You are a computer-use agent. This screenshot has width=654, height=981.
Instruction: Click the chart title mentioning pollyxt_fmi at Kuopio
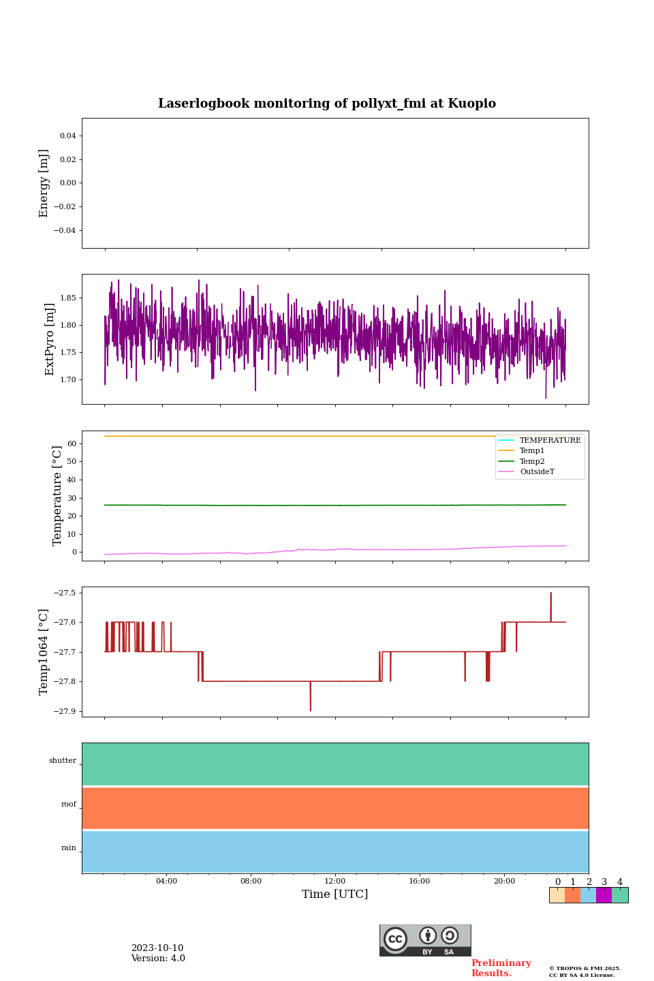327,104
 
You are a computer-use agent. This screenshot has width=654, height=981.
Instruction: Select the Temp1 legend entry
532,451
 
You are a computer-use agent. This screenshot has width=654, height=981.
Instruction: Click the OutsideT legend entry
537,472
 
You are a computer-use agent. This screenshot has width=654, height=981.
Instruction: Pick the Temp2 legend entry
532,462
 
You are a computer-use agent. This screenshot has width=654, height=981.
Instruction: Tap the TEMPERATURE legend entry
550,441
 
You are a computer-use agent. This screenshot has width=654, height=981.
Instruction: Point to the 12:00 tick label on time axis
335,882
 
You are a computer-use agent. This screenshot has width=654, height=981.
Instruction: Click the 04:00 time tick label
166,882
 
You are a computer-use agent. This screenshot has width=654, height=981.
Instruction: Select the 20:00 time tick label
504,882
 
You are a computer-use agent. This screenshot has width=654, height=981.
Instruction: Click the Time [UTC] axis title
335,894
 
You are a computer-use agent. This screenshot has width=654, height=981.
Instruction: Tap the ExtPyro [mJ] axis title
50,339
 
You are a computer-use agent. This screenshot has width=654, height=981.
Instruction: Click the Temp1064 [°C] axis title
44,652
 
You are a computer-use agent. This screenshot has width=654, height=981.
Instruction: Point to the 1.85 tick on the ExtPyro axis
67,298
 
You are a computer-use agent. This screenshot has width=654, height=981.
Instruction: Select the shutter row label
63,761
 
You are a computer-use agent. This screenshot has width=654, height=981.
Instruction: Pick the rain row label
69,848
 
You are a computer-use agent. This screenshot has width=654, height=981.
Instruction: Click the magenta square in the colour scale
604,895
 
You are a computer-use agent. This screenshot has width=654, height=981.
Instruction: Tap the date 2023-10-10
157,948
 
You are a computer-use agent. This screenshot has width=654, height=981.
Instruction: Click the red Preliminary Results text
501,968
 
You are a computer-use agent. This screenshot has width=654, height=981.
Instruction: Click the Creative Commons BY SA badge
425,940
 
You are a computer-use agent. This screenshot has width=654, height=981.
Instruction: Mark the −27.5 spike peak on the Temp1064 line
550,593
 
